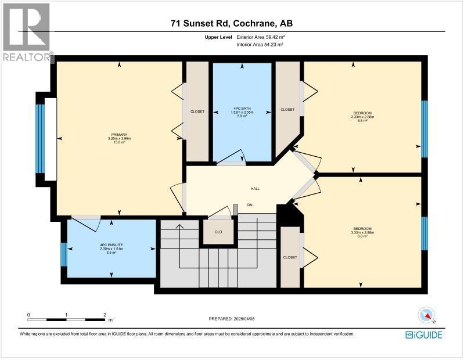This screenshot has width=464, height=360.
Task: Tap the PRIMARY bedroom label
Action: pyautogui.click(x=120, y=139)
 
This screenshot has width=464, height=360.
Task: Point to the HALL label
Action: pyautogui.click(x=254, y=189)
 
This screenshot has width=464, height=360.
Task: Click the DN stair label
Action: pyautogui.click(x=250, y=204)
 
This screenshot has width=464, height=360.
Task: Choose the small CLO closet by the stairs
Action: pyautogui.click(x=218, y=232)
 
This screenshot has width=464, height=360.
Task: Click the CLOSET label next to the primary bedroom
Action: pyautogui.click(x=197, y=111)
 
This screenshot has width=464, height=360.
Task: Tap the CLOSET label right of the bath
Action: pyautogui.click(x=287, y=109)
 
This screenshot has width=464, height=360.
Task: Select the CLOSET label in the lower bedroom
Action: pyautogui.click(x=290, y=257)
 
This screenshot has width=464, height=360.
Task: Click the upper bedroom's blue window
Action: pyautogui.click(x=425, y=129)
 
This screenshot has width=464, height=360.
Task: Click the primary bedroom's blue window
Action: pyautogui.click(x=39, y=139)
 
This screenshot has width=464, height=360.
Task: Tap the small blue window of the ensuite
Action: pyautogui.click(x=63, y=254)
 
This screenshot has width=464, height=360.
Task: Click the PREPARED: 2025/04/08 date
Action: pyautogui.click(x=232, y=319)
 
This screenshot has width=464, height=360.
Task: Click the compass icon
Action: pyautogui.click(x=427, y=315)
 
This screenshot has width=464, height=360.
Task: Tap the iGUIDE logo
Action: pyautogui.click(x=424, y=335)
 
